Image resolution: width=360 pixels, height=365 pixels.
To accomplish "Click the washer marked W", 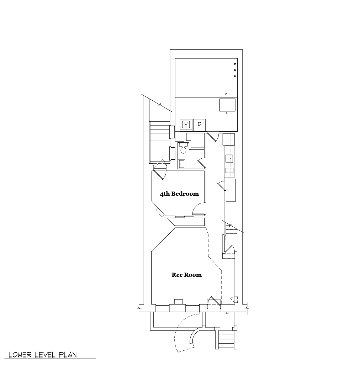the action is coord(186,125).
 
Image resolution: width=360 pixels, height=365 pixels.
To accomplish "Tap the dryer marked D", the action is coord(200,125).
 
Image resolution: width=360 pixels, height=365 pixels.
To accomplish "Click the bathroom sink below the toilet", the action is coord(181,164).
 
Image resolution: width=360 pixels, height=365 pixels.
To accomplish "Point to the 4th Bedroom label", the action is coord(179,194).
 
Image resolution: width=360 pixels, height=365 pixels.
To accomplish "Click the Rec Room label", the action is coord(187,275).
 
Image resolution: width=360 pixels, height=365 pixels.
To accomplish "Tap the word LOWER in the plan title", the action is coord(20,355).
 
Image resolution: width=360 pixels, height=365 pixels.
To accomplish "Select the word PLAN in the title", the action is coord(68,355).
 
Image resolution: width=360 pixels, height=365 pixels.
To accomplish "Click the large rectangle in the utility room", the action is coord(227,105).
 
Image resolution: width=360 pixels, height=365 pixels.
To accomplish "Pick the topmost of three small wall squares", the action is coord(235,64).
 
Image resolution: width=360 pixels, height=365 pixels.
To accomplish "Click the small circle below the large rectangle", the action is coord(227,113).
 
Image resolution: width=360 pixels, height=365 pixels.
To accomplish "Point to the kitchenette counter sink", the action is coord(229,159).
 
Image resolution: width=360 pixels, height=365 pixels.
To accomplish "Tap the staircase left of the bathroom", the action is coord(160,142).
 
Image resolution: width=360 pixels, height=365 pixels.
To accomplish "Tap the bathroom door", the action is coord(201,163).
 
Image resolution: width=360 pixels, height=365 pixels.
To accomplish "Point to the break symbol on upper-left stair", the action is coord(160,105).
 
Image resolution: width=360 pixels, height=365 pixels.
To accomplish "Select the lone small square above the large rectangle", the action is coord(227,94).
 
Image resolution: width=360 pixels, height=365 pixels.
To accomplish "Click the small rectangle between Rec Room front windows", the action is coord(178,301).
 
